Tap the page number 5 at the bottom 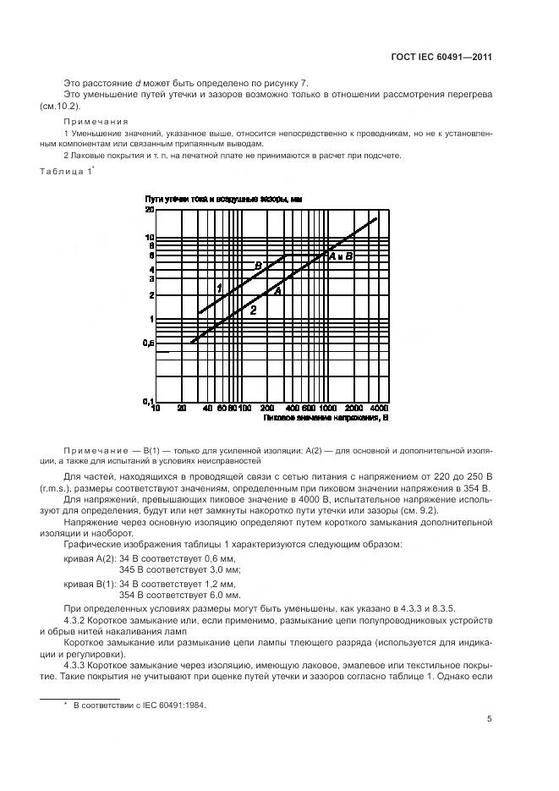tap(490, 719)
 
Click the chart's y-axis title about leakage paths tap(223, 198)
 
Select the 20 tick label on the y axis tap(150, 209)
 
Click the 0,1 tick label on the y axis tap(148, 401)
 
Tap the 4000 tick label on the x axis tap(379, 409)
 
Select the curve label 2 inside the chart tap(252, 310)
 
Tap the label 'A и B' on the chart tap(340, 255)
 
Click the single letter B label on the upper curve tap(259, 266)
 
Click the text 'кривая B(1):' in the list tap(88, 584)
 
